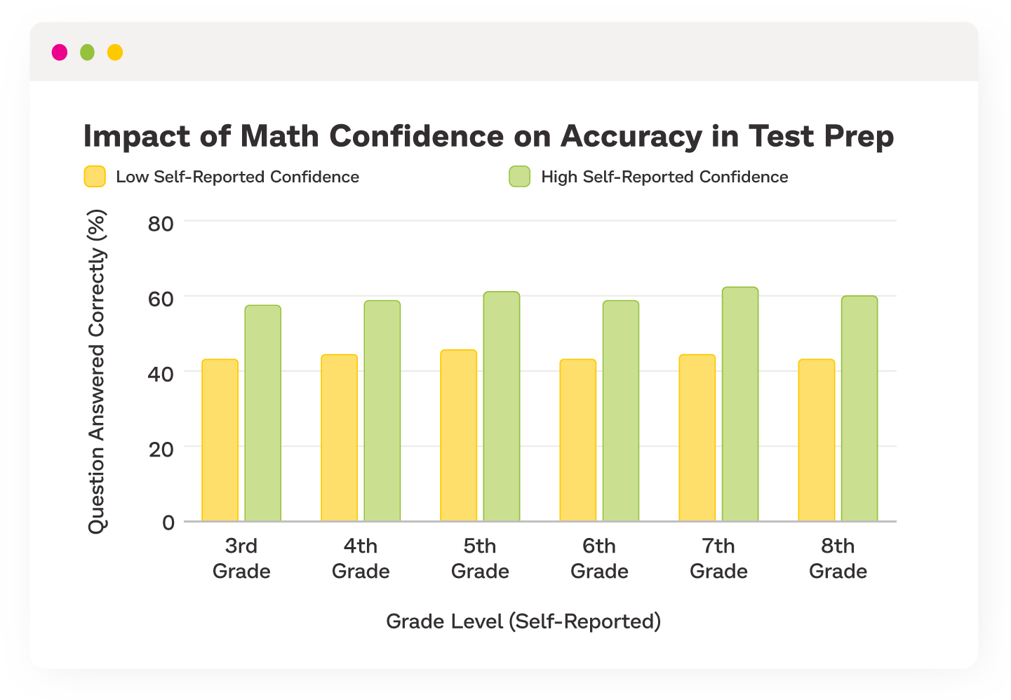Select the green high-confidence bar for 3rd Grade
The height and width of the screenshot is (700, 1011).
coord(263,414)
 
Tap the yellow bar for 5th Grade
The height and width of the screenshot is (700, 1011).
coord(459,436)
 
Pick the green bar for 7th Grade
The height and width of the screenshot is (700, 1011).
coord(740,405)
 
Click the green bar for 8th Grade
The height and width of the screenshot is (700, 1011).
coord(859,409)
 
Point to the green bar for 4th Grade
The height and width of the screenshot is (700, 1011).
coord(382,411)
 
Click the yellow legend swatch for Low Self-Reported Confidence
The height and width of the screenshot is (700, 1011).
coord(95,177)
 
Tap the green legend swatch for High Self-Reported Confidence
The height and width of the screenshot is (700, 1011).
coord(519,177)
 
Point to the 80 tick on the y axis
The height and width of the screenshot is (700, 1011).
coord(161,224)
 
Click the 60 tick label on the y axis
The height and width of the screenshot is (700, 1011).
coord(161,299)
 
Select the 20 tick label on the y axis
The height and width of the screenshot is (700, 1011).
coord(161,449)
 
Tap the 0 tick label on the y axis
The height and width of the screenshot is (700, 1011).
coord(168,523)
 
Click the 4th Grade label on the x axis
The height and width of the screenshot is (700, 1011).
coord(361,558)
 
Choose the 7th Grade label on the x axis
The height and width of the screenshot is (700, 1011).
coord(718,558)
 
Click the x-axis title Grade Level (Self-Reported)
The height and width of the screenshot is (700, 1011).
coord(523,621)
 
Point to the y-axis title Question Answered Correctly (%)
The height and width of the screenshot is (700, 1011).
coord(97,372)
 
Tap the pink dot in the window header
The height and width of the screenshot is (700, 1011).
coord(60,53)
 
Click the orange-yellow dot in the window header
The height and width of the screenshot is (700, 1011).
coord(115,53)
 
